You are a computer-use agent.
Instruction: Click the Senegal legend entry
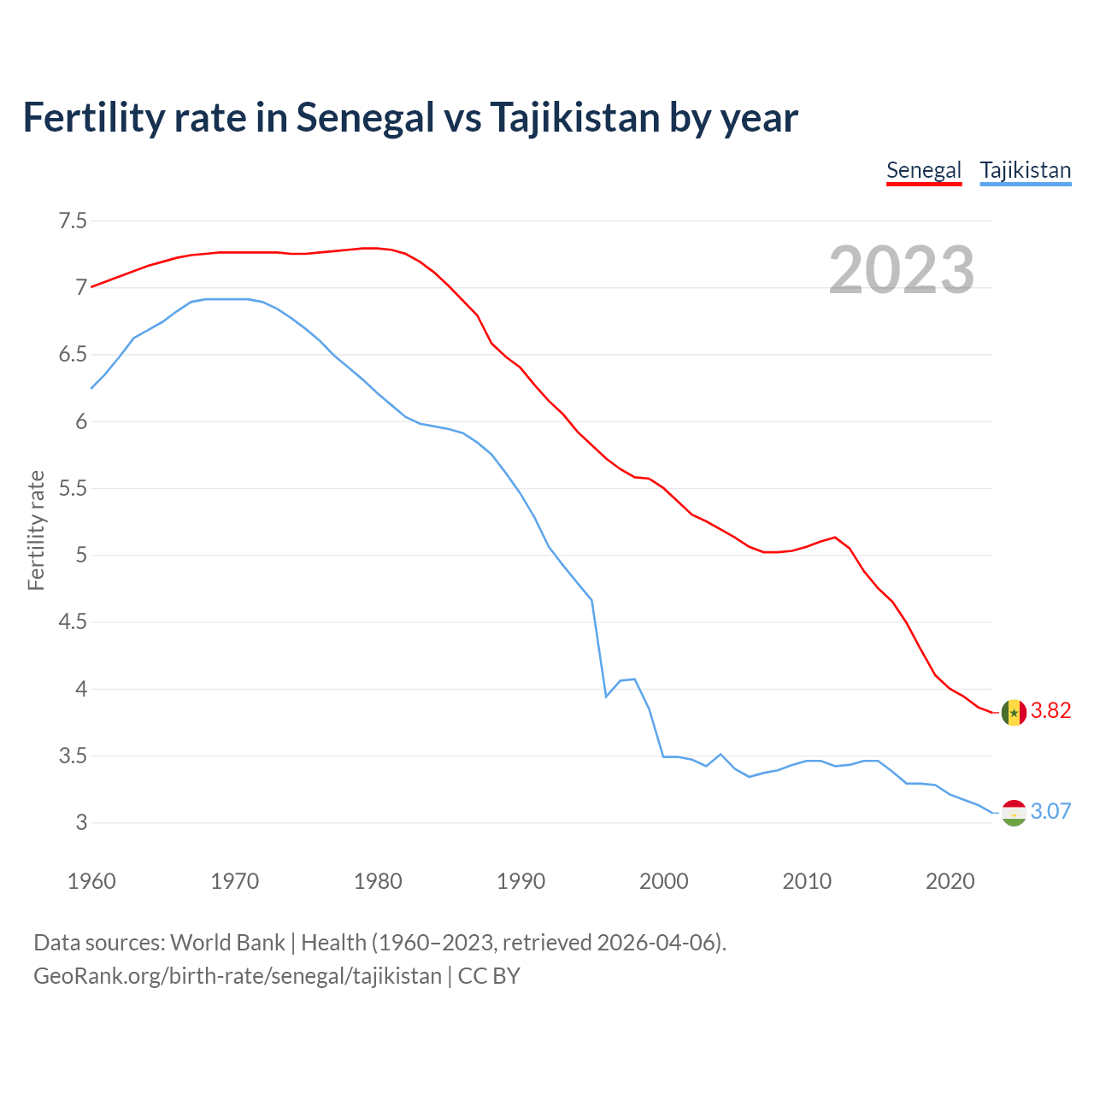point(924,170)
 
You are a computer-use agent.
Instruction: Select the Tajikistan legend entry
point(1025,170)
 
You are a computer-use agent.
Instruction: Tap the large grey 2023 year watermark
point(901,270)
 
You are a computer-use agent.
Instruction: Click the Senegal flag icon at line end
point(1014,712)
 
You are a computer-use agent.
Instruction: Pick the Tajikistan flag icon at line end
point(1014,813)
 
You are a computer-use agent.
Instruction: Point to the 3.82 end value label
point(1050,711)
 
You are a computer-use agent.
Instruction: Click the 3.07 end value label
point(1050,811)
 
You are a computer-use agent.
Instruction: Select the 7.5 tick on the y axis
point(73,221)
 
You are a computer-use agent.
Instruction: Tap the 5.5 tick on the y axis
point(73,489)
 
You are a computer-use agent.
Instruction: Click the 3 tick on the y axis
point(81,823)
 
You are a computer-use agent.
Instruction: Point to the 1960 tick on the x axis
point(91,881)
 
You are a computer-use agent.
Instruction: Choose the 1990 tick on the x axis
point(521,881)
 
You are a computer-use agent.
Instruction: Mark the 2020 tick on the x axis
point(950,881)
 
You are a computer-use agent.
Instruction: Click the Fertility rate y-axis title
point(36,530)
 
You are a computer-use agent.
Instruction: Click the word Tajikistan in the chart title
point(574,118)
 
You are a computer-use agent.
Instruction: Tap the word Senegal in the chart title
point(366,118)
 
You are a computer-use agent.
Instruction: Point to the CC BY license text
point(489,976)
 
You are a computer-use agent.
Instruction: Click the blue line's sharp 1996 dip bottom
point(606,697)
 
